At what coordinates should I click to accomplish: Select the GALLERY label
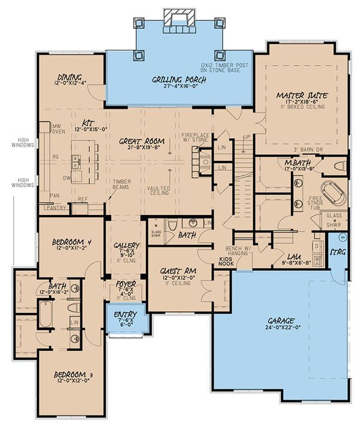(126, 246)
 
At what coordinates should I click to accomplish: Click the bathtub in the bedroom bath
(47, 312)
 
